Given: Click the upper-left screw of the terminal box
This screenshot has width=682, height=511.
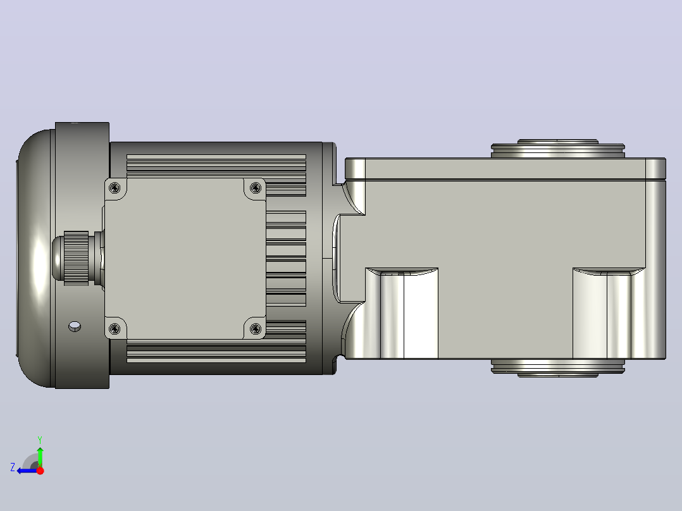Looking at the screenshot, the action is (115, 188).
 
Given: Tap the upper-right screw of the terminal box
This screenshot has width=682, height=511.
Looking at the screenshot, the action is (256, 188).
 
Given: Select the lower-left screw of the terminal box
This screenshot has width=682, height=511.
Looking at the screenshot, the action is (115, 328).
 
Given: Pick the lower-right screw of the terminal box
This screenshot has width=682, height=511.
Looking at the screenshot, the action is (256, 328).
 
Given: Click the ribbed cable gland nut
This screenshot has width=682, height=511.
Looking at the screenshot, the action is (76, 258).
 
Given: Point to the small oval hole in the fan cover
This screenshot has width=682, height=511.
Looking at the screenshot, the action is (75, 326).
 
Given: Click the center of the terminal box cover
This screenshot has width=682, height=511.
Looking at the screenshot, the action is (185, 258).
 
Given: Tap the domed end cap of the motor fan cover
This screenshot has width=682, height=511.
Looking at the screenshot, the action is (35, 258).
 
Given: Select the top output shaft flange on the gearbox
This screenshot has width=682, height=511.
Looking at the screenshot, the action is (558, 149).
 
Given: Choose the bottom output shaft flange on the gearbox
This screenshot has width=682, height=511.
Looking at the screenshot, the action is (558, 368).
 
